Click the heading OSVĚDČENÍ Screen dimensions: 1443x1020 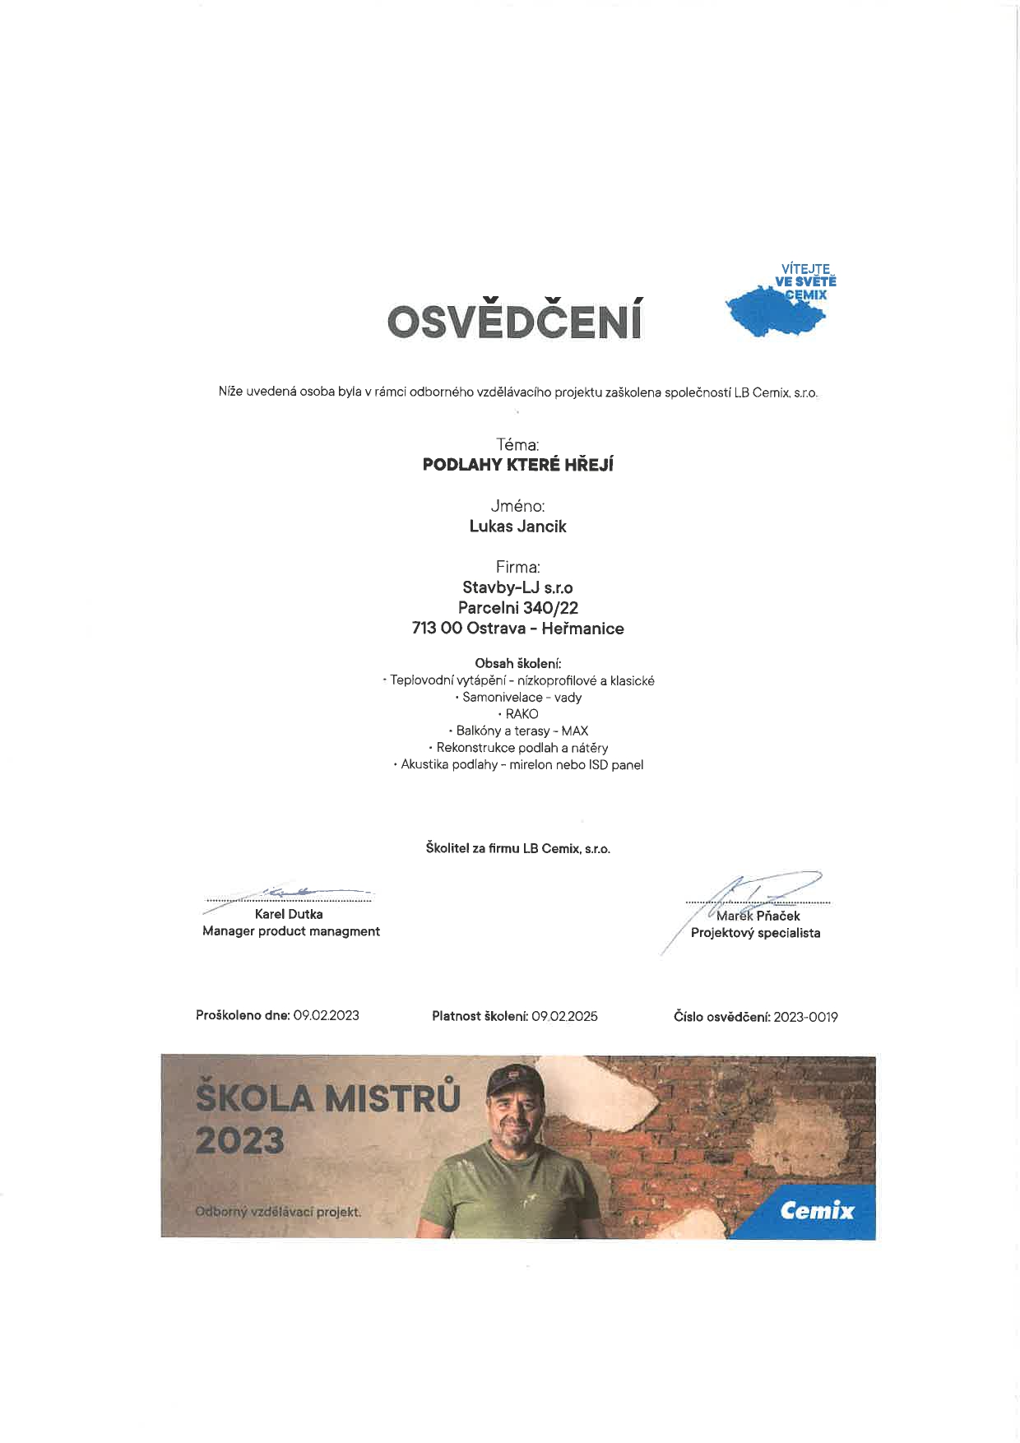click(514, 322)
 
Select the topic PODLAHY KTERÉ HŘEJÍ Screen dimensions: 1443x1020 click(517, 465)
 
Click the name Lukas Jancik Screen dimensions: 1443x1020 click(517, 527)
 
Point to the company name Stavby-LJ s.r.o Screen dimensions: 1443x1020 click(517, 587)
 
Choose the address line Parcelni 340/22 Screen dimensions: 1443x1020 click(517, 608)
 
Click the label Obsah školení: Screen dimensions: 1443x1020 click(517, 663)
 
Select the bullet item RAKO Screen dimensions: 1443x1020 click(522, 714)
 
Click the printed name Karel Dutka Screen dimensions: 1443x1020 click(289, 914)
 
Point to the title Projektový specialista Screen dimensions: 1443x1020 click(755, 933)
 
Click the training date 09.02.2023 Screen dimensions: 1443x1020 click(326, 1015)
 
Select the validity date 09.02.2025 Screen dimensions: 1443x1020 click(564, 1016)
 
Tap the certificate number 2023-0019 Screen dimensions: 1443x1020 click(805, 1017)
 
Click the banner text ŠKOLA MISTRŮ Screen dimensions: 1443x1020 click(328, 1098)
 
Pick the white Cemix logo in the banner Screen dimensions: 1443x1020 click(817, 1210)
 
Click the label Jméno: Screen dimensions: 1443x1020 click(517, 506)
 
